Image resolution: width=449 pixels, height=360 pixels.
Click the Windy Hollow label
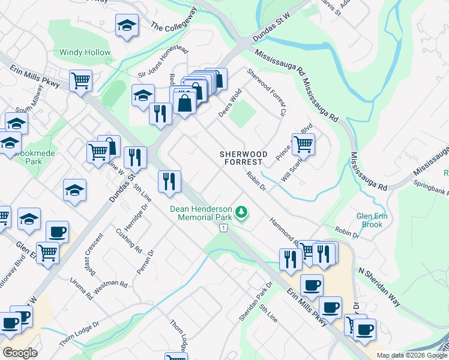85,53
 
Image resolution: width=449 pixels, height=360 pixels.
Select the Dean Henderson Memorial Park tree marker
241,212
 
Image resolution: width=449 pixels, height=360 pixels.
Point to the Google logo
20,353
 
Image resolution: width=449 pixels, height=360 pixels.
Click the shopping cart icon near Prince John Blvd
303,143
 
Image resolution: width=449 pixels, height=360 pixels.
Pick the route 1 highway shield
223,228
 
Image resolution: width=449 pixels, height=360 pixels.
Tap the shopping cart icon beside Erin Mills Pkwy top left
80,80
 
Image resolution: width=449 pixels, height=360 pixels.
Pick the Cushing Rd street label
129,241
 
